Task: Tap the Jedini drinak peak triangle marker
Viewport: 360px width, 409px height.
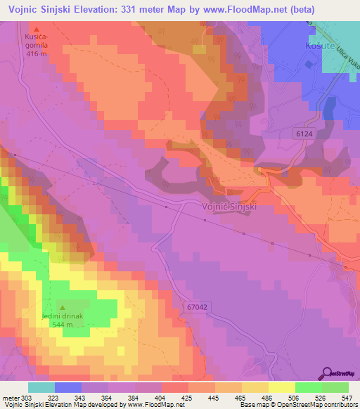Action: pos(62,307)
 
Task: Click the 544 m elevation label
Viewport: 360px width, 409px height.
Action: pos(62,325)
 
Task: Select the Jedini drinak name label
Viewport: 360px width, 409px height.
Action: pos(62,316)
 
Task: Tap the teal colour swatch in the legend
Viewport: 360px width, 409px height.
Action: pos(41,387)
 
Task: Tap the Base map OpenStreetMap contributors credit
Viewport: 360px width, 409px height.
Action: pos(298,405)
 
